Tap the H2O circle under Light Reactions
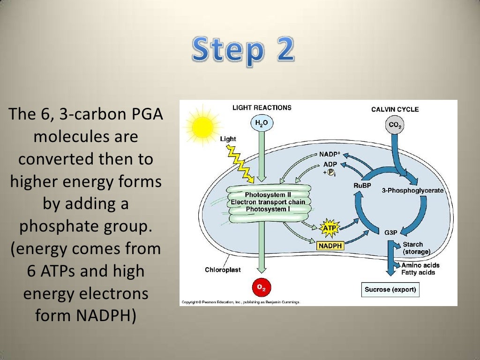pos(262,124)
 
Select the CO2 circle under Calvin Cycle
pos(395,125)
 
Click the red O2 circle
pos(262,287)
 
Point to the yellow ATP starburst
pos(329,228)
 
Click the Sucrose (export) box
pos(390,289)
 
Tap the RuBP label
pos(362,185)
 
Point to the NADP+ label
pos(329,154)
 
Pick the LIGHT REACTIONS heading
pos(262,108)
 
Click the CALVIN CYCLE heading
pos(395,109)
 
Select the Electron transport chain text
pos(267,202)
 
